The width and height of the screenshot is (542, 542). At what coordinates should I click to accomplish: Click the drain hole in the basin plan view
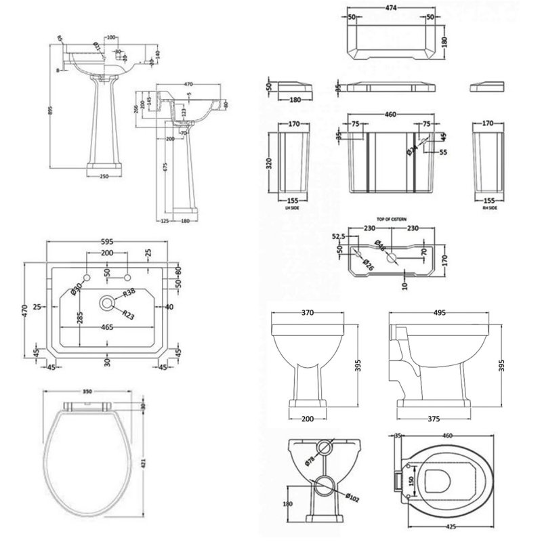pos(107,303)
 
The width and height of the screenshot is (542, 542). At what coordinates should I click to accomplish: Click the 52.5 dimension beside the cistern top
pos(339,236)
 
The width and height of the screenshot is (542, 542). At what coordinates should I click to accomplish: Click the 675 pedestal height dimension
pos(164,167)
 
